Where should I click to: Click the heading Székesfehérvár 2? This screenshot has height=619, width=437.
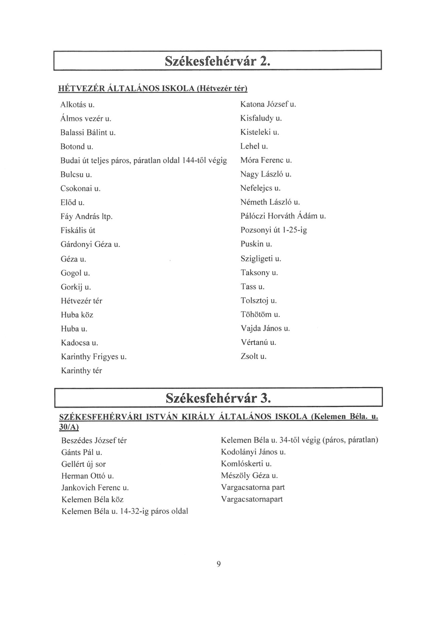(x=217, y=61)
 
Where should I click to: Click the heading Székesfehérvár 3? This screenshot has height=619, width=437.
(x=218, y=398)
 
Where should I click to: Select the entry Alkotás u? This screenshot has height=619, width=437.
(x=77, y=104)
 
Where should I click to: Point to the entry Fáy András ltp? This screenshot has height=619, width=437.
(x=86, y=216)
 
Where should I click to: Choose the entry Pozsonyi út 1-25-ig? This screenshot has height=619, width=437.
(x=273, y=230)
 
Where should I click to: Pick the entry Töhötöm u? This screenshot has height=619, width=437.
(x=260, y=314)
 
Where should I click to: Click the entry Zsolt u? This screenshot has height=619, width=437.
(x=253, y=356)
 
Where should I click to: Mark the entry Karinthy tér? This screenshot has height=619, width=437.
(x=81, y=371)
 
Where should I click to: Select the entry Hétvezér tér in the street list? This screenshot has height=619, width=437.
(x=81, y=301)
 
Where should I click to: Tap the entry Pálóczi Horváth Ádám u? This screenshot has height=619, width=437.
(x=283, y=216)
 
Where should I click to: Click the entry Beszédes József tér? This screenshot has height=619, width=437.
(x=94, y=440)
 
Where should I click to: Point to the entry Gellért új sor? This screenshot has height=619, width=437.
(x=83, y=464)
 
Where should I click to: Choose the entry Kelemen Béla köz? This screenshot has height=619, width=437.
(x=92, y=500)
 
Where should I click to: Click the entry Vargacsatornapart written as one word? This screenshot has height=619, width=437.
(x=252, y=499)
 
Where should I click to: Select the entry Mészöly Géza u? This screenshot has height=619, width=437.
(x=249, y=476)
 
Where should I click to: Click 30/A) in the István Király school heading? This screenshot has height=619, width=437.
(x=69, y=427)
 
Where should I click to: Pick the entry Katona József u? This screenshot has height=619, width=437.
(x=268, y=104)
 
